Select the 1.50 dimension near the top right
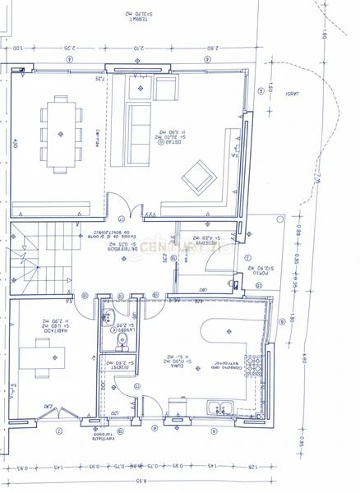point(269,89)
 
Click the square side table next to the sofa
point(166,88)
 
